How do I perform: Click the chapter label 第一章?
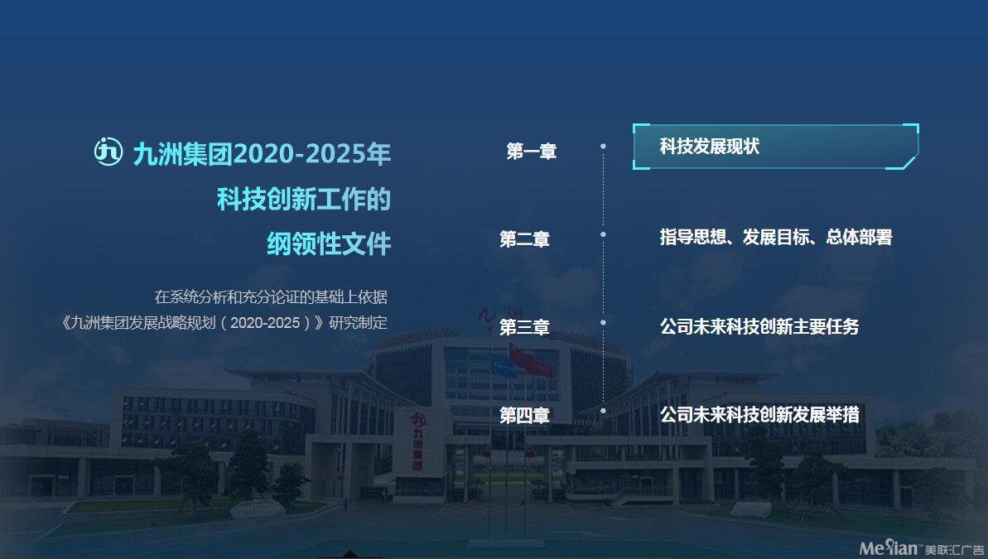(531, 152)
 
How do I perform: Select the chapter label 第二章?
(524, 239)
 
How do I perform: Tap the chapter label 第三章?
(524, 327)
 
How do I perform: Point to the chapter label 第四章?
(524, 415)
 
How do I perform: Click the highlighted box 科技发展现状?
(776, 147)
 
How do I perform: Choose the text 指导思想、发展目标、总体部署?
(776, 237)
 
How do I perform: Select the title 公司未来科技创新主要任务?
(759, 326)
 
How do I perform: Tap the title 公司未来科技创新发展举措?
(759, 415)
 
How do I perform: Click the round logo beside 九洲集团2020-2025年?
(108, 152)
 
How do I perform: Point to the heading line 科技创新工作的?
(304, 199)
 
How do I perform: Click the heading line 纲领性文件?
(329, 244)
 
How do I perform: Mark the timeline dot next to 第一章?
(603, 147)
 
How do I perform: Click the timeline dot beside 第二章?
(603, 234)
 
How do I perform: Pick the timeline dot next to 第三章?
(603, 323)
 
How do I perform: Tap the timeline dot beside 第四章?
(603, 411)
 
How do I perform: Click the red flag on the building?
(532, 361)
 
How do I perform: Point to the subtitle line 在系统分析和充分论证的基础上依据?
(271, 296)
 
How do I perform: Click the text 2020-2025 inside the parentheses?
(265, 323)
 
